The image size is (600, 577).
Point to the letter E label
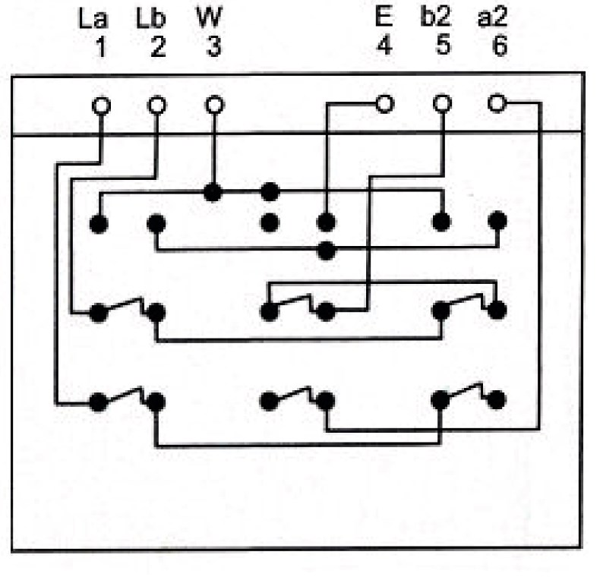(x=384, y=17)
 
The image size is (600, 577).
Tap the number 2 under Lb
(x=157, y=46)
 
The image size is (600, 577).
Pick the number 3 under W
(x=214, y=46)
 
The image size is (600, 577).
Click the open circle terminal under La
(x=101, y=105)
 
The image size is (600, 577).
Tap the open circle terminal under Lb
(x=156, y=105)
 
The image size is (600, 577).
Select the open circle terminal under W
(x=214, y=105)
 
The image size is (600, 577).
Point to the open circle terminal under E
(x=385, y=104)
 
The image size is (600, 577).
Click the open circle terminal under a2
(x=497, y=102)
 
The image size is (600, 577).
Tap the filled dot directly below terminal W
(x=213, y=193)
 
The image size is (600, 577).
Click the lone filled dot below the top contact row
(x=327, y=251)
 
